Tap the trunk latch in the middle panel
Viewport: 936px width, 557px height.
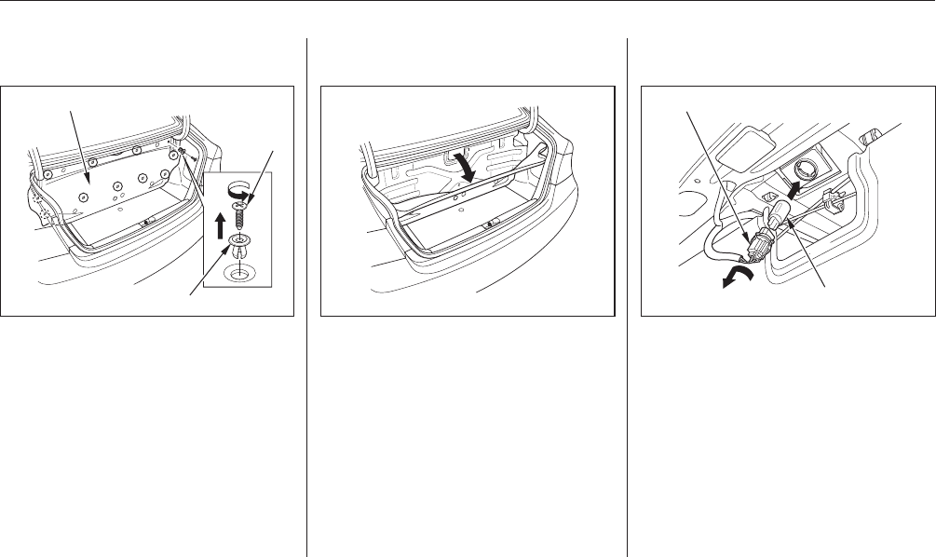pos(488,225)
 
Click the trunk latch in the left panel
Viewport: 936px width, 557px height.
pos(148,224)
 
